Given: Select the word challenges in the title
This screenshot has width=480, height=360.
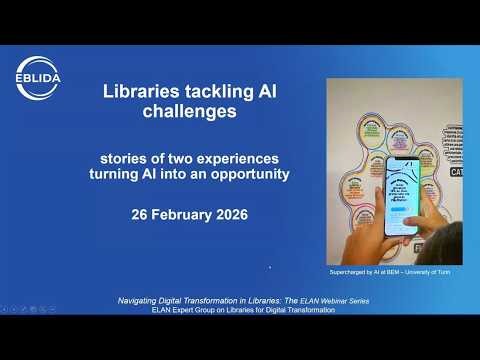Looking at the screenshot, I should pos(190,112).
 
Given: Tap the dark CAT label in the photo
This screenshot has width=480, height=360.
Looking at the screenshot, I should pos(454,173).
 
